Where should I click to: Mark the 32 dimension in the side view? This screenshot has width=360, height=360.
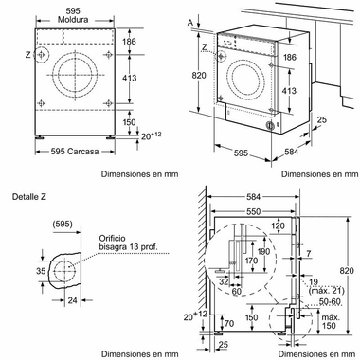tap(224, 281)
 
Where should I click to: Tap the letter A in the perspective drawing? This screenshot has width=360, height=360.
tap(194, 20)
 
